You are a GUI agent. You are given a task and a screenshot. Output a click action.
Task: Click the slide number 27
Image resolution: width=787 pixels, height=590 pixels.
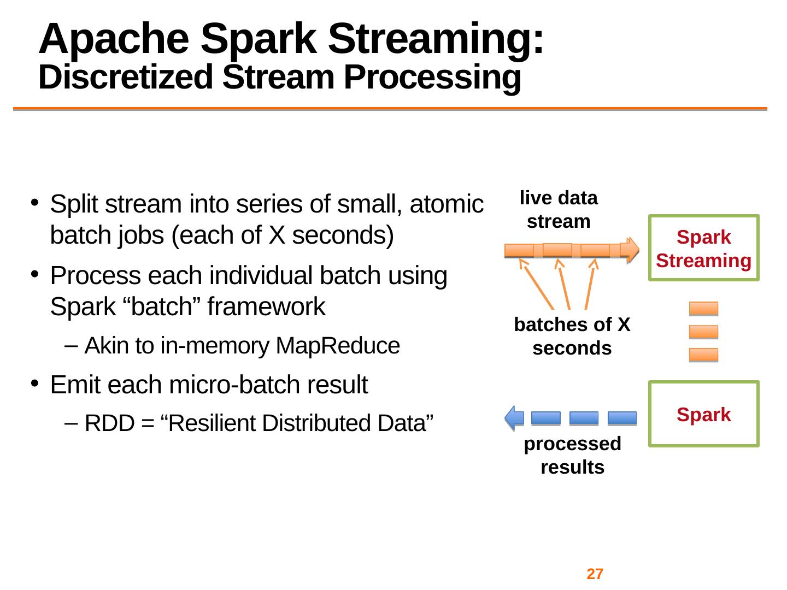tap(595, 574)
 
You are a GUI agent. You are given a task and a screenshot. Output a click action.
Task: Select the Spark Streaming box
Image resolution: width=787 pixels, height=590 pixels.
tap(703, 248)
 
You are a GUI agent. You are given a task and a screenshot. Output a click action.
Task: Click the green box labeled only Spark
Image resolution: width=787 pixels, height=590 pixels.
tap(703, 414)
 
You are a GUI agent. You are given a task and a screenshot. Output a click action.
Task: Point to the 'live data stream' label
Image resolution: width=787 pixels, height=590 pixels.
tap(559, 210)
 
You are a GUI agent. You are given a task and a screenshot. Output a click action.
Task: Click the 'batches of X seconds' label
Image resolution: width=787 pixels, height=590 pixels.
tap(572, 337)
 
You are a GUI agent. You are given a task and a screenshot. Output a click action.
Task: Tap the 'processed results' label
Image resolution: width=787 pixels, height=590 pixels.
tap(572, 455)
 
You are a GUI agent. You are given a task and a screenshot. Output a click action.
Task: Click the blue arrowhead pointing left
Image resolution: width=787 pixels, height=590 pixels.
tap(513, 417)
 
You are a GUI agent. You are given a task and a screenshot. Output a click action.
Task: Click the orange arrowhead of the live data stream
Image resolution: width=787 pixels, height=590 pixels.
tap(631, 250)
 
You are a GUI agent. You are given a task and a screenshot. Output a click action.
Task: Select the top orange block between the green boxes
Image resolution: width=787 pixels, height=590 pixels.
tap(703, 309)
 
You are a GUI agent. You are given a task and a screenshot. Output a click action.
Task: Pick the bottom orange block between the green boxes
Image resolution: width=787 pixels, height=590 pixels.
tap(703, 355)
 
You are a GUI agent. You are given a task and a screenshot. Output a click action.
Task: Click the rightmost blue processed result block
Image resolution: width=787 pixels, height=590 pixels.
tap(622, 418)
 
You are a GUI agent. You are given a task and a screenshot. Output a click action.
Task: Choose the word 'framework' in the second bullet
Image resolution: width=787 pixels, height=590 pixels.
tap(265, 307)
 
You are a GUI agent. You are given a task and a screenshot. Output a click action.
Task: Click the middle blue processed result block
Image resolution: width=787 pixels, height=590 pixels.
tap(584, 418)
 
